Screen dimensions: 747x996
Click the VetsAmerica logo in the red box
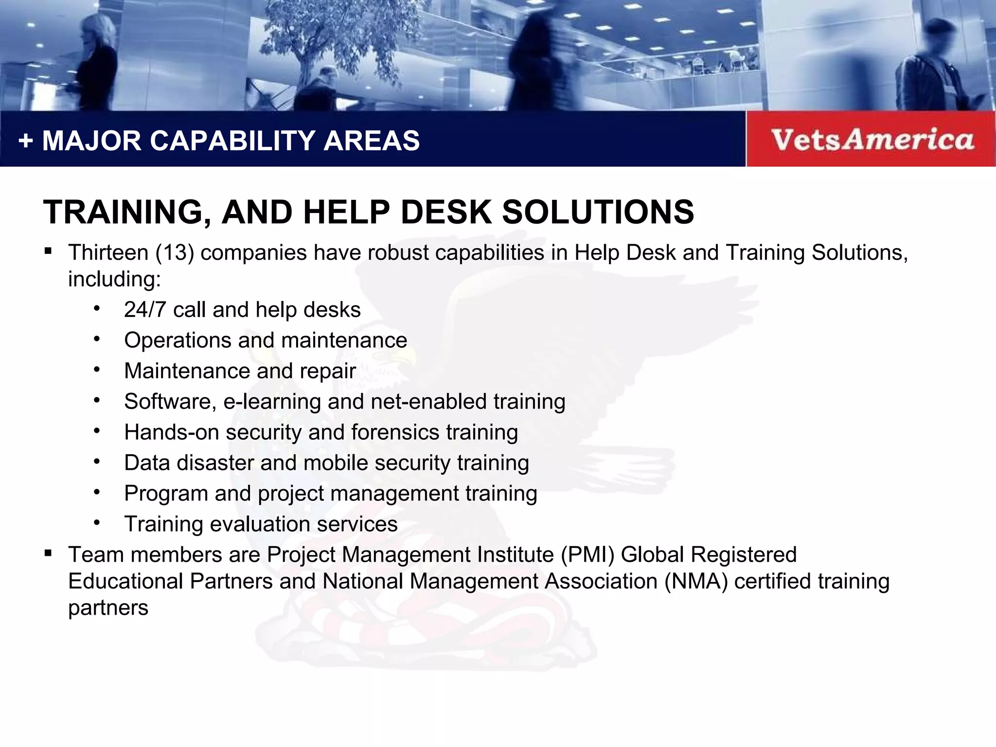(872, 140)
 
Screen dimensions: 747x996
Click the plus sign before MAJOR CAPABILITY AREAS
(25, 142)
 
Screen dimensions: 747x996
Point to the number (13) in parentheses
(175, 253)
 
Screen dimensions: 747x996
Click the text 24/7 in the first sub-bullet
(145, 310)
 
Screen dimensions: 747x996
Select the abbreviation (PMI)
(587, 555)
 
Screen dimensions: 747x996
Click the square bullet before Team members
(48, 553)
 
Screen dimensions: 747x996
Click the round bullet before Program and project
(97, 492)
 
